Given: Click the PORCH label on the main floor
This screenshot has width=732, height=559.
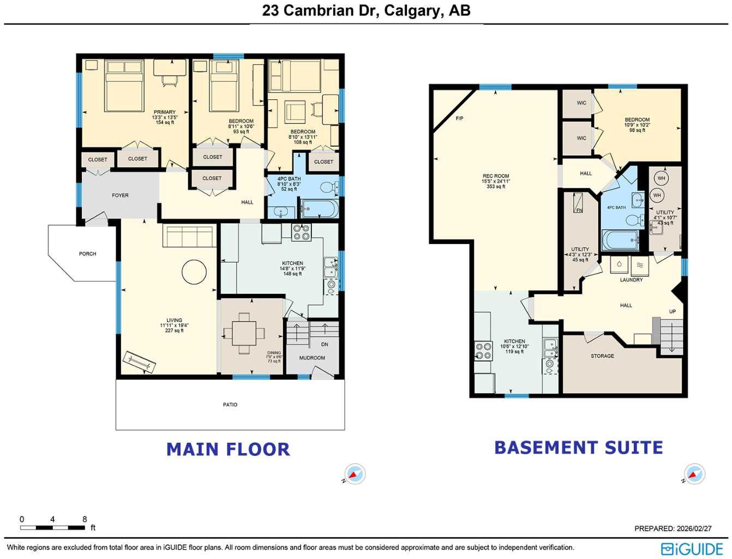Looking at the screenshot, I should pos(87,254).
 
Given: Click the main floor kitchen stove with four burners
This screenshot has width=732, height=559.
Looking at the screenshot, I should pos(301,233).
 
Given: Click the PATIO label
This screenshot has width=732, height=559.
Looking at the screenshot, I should pos(230,405).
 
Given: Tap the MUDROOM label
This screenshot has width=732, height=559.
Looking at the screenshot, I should pos(312,358).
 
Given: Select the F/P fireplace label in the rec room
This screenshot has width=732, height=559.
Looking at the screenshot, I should pos(459,118).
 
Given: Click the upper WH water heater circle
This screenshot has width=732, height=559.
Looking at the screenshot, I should pos(662,179).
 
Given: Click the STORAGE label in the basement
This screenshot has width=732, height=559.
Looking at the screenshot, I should pos(602,356).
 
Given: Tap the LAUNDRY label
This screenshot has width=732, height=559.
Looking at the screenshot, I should pos(631,280).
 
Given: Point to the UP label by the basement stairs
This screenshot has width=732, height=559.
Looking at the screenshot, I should pos(672,312).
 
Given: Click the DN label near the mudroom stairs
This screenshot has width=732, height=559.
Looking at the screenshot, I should pos(325,344).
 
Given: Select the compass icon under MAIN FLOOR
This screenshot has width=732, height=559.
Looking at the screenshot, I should pos(355,474).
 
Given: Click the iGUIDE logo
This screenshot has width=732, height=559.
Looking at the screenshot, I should pos(692,549).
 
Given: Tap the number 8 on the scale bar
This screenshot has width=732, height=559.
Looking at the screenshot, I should pos(85,519).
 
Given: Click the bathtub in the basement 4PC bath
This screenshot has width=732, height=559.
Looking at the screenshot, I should pos(620,240).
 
